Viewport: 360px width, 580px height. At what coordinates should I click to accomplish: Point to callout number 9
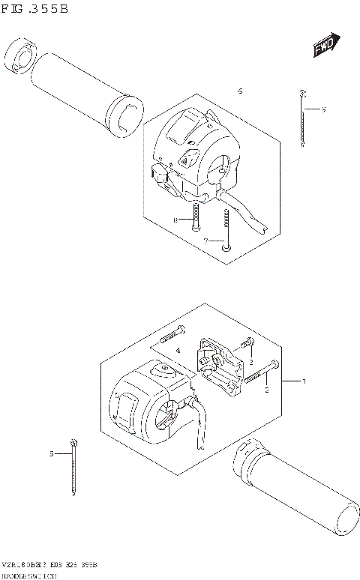(x=322, y=110)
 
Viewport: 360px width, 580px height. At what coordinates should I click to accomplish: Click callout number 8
(x=175, y=220)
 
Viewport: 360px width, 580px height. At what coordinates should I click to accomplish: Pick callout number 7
(x=205, y=241)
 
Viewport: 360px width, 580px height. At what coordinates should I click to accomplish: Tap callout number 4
(x=178, y=351)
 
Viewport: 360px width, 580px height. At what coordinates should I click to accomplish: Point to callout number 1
(x=304, y=381)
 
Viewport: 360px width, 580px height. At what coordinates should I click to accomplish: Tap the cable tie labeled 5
(x=73, y=468)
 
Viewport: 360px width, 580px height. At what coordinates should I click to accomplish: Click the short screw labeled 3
(x=244, y=346)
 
